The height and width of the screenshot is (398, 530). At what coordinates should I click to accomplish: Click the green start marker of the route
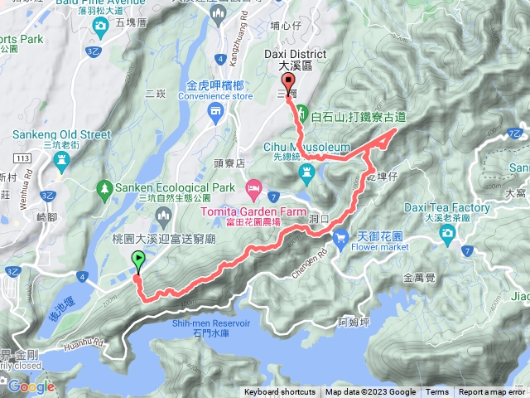point(137,260)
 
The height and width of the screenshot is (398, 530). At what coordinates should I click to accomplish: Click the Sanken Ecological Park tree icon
point(104,188)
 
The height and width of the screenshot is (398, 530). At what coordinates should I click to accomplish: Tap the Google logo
point(31,386)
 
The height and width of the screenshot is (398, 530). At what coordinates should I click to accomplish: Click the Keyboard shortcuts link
point(279,392)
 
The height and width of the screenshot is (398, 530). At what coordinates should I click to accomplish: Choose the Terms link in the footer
point(437,392)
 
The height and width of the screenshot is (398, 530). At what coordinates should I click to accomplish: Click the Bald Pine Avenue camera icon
point(100,27)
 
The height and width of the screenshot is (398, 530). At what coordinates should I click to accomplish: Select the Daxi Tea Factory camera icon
point(447,233)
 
